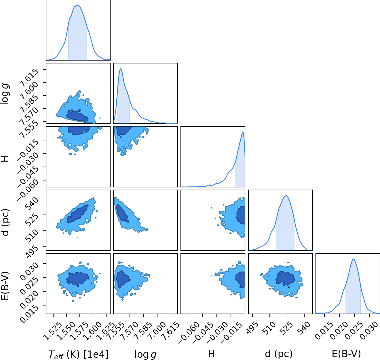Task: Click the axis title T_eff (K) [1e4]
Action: coord(78,355)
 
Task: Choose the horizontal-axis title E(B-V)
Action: coord(346,354)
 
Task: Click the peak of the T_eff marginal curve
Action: coord(77,5)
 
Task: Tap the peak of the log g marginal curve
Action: coord(121,69)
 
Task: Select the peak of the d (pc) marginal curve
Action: coord(286,195)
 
